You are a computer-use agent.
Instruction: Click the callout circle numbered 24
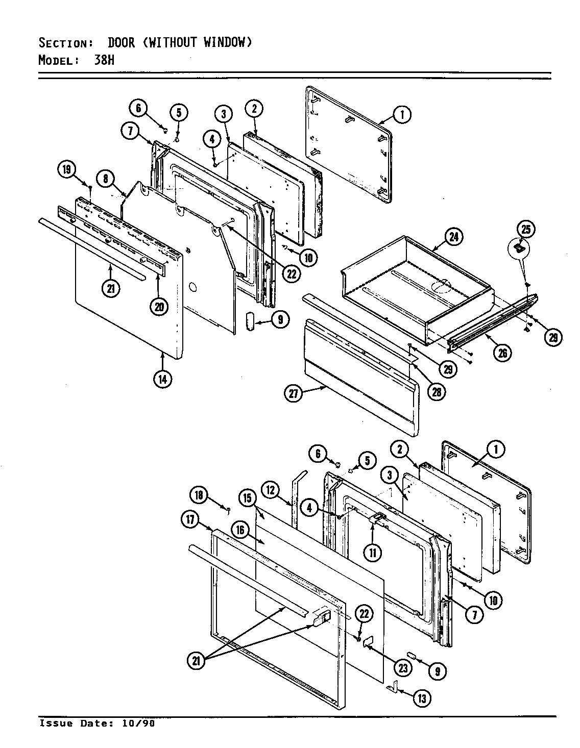[453, 237]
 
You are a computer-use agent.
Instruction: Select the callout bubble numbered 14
[162, 379]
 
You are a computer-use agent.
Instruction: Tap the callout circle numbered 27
[294, 393]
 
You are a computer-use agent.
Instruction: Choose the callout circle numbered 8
[105, 179]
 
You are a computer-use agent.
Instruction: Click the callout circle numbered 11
[374, 553]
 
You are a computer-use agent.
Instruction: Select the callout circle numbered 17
[191, 520]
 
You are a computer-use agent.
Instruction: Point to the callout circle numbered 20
[159, 306]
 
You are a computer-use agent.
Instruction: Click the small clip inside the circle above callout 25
[519, 248]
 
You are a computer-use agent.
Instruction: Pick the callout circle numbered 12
[271, 490]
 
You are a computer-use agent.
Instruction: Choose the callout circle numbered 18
[199, 495]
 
